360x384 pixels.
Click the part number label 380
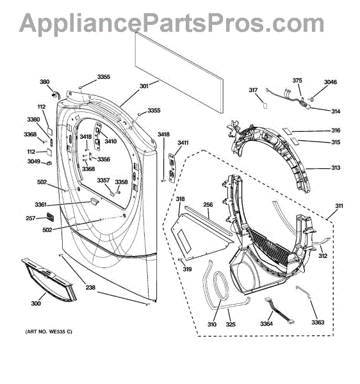coord(45,82)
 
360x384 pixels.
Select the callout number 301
coord(144,86)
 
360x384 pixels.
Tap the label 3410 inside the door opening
coord(111,141)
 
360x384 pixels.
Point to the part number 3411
coord(183,143)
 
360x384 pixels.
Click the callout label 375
coord(297,81)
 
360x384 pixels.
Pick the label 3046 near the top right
coord(331,82)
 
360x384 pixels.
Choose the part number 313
coord(336,168)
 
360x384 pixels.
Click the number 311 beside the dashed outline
coord(339,206)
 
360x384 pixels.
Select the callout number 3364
coord(266,324)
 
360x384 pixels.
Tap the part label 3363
coord(318,323)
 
